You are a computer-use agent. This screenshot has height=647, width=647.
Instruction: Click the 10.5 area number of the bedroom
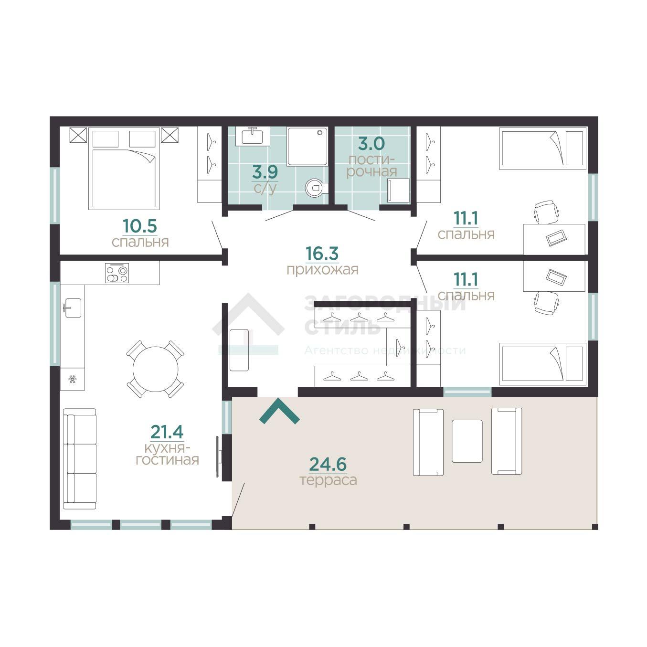[140, 226]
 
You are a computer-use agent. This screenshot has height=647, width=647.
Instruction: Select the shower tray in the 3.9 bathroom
[307, 146]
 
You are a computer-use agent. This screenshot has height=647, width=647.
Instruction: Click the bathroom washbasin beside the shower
[253, 136]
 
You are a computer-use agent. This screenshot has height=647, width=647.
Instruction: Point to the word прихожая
[322, 270]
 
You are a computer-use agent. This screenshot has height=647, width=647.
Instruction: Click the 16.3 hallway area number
[322, 254]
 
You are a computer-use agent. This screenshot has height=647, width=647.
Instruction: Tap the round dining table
[156, 369]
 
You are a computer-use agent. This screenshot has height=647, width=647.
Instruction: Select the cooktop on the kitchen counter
[117, 273]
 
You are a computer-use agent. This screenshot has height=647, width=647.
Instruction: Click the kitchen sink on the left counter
[72, 308]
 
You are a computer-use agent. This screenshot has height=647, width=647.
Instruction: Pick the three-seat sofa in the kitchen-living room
[80, 459]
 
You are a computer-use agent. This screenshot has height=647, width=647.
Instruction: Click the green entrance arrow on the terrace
[279, 412]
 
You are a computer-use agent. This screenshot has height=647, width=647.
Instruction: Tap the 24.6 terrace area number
[328, 464]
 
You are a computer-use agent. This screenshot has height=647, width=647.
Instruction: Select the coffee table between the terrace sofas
[467, 441]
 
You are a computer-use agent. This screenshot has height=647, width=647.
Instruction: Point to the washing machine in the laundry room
[398, 191]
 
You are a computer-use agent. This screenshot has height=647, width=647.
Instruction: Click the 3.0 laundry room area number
[371, 144]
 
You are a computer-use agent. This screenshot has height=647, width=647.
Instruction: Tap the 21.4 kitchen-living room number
[167, 432]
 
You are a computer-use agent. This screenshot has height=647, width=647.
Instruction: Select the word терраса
[328, 480]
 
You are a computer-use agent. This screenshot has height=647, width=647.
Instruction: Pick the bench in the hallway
[239, 350]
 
